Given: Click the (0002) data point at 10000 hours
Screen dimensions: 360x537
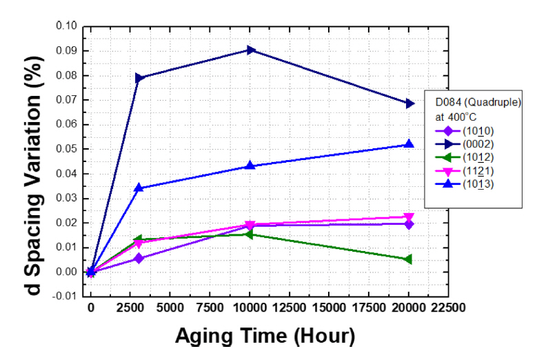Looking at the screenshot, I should (x=250, y=50).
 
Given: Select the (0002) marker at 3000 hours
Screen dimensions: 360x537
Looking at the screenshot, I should (x=139, y=78).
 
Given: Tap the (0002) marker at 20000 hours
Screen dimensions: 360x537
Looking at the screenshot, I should (x=409, y=103).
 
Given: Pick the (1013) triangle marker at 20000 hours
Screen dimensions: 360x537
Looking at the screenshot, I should (x=409, y=144).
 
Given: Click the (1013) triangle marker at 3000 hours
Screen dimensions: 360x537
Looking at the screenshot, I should (x=139, y=188).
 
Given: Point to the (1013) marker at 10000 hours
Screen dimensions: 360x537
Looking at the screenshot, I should (x=250, y=166).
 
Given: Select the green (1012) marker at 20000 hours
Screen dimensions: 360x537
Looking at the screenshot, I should (x=409, y=259).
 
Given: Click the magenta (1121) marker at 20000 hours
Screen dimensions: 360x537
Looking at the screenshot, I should (x=409, y=217).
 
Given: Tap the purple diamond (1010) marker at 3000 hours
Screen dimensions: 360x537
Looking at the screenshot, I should (x=139, y=258).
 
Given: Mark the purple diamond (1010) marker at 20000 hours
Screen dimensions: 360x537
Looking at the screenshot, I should (x=409, y=224).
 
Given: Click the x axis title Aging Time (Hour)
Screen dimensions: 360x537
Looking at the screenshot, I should (x=265, y=336).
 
